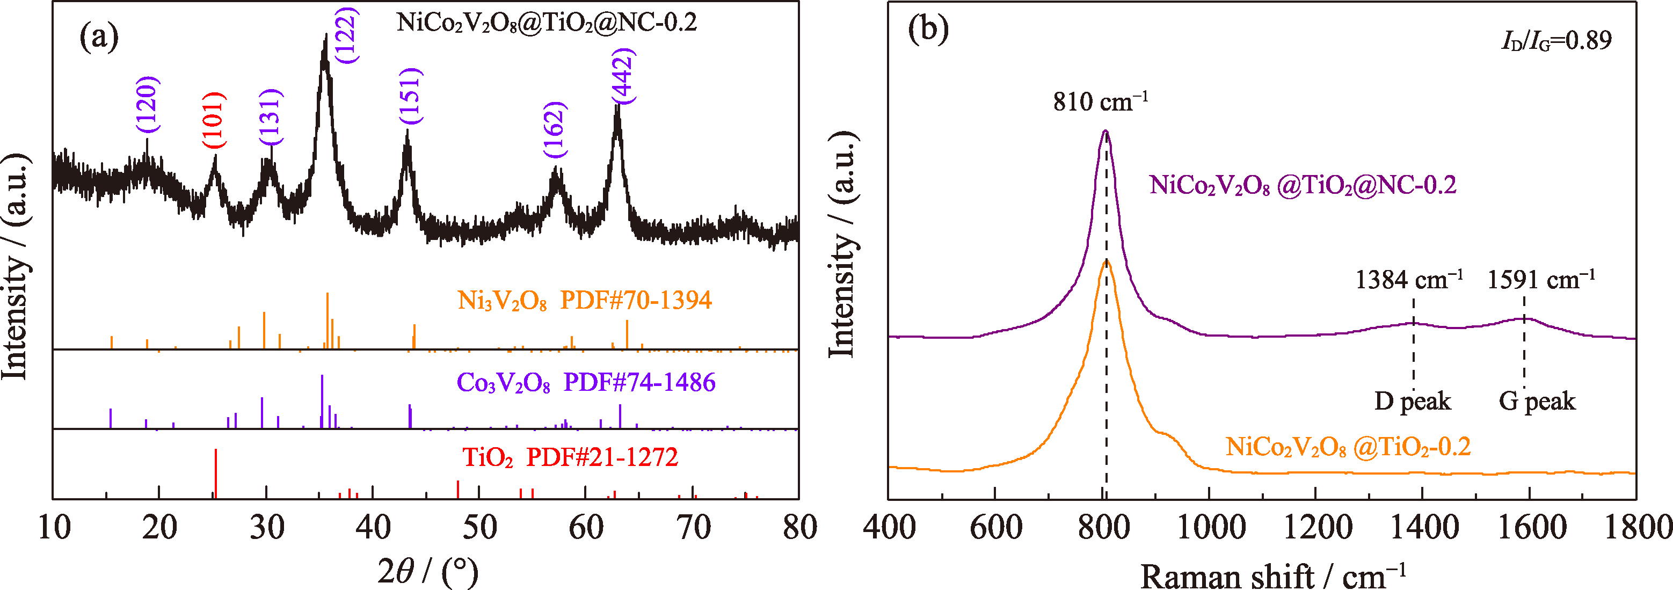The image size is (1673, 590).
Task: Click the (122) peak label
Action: (347, 35)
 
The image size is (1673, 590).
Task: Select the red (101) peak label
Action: (214, 121)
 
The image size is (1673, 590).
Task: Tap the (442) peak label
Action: (623, 76)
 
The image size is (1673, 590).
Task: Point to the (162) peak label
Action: (555, 130)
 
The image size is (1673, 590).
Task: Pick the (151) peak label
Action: (410, 96)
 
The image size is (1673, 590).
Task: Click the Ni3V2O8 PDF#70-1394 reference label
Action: (585, 301)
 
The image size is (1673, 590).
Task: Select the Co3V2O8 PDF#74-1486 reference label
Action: (586, 382)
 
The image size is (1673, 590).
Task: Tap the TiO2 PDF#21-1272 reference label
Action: (570, 457)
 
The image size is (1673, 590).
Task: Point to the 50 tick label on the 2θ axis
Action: (479, 527)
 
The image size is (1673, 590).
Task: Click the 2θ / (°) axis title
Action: (428, 571)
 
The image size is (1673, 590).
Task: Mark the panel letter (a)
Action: (99, 37)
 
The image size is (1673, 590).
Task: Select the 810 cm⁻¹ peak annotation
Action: (1100, 101)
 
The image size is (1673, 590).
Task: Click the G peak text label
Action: (1537, 401)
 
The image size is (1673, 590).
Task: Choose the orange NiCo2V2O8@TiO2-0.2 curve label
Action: (1348, 447)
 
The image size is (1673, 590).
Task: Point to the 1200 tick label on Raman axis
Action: (1318, 527)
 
